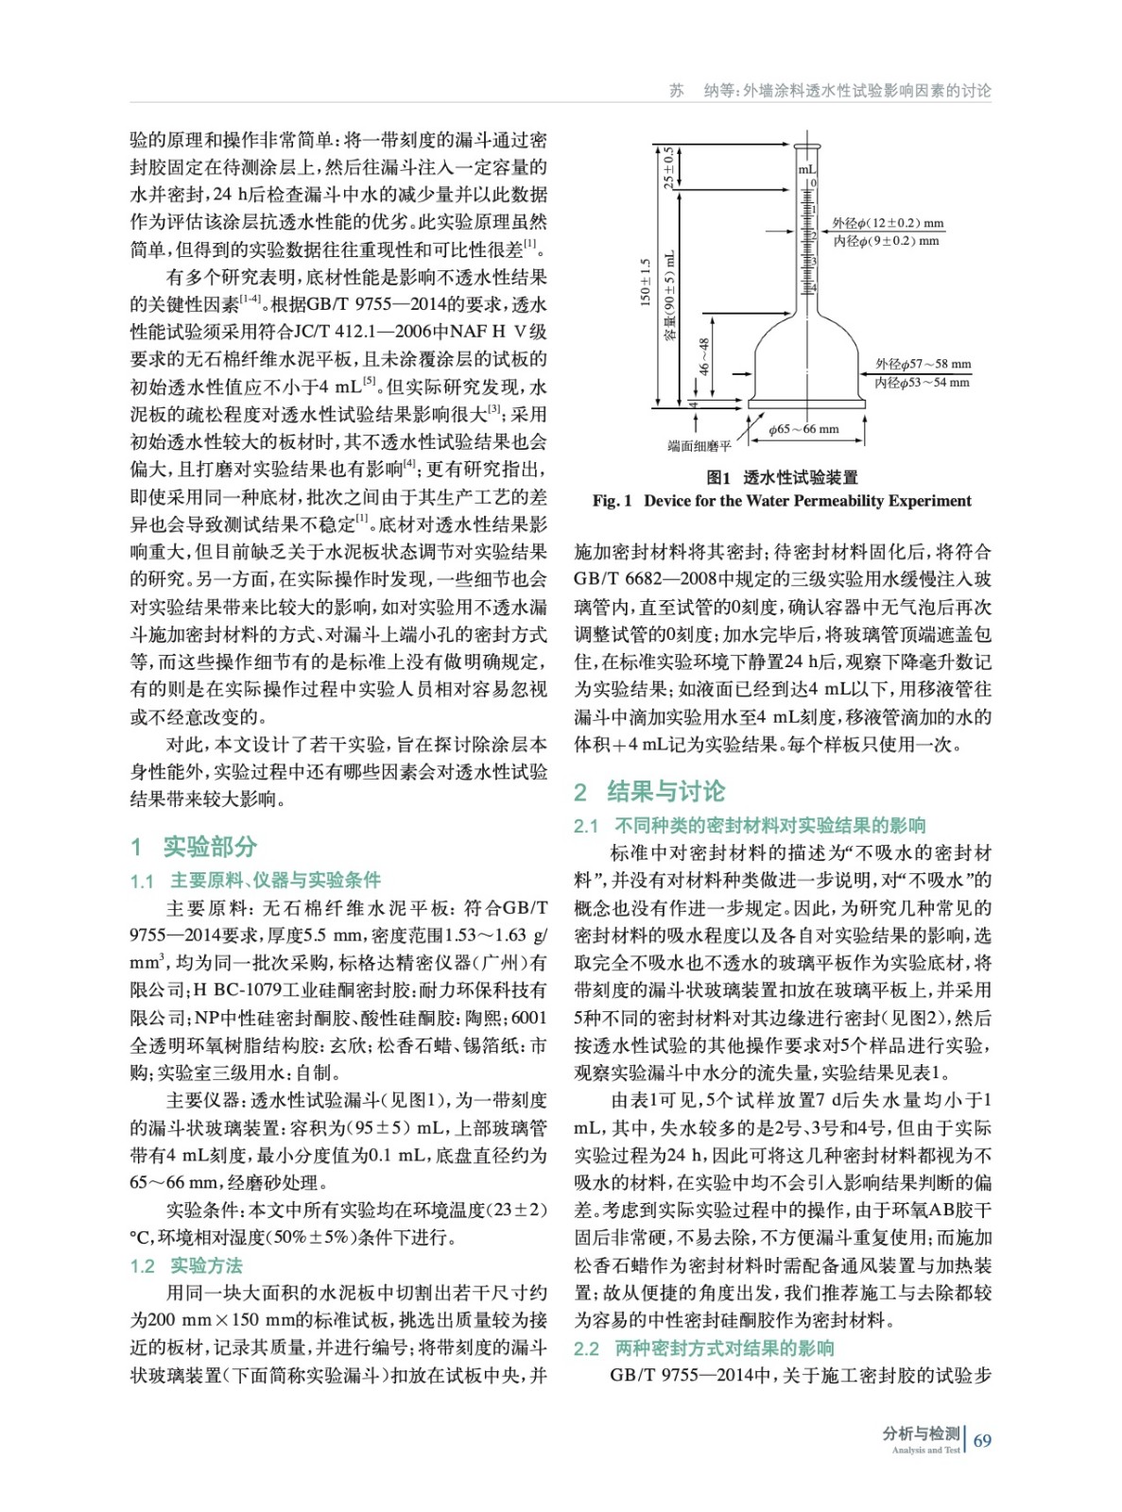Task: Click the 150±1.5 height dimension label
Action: point(646,282)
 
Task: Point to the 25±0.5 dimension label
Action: point(668,167)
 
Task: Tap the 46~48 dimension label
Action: point(703,355)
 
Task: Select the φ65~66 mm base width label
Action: point(803,429)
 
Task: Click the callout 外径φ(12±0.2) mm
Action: point(888,223)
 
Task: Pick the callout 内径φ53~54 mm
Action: point(922,383)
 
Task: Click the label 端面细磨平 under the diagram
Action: point(699,446)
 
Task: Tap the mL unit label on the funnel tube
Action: point(806,169)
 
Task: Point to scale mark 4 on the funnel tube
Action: point(813,286)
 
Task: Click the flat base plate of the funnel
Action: point(806,404)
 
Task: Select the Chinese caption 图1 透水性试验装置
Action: point(782,477)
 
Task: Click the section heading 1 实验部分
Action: point(194,846)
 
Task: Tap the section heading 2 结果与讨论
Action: point(649,791)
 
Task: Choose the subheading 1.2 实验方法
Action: point(186,1265)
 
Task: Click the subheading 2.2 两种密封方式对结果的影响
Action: point(703,1348)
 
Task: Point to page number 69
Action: point(982,1440)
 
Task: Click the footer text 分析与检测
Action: point(921,1433)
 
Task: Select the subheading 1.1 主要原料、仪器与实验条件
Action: point(255,880)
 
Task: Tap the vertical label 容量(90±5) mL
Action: point(670,295)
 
